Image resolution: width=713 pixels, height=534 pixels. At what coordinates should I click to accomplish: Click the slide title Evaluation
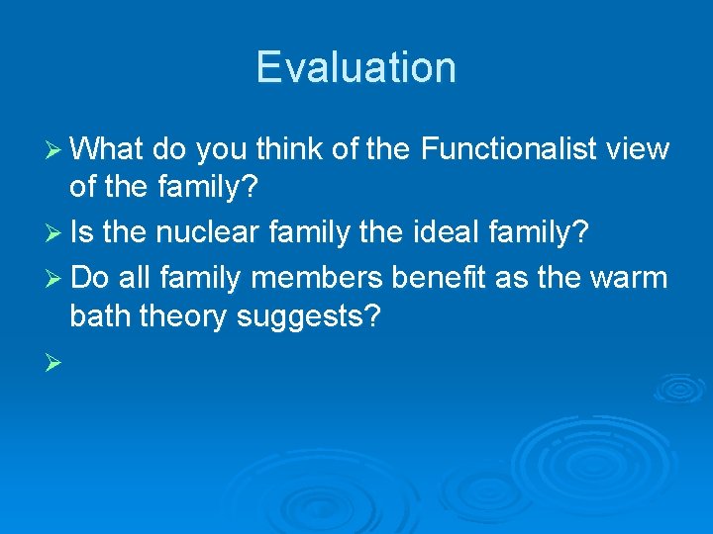356,67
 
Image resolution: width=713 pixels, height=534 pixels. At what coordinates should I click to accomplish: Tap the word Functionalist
509,149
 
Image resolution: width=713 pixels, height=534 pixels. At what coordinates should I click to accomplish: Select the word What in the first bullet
108,149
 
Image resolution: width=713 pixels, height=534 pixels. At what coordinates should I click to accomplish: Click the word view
638,149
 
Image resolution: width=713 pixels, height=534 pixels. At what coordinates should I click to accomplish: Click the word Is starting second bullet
82,234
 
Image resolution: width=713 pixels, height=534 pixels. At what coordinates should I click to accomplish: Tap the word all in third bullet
133,277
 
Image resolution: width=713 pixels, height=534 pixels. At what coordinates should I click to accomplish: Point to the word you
223,149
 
